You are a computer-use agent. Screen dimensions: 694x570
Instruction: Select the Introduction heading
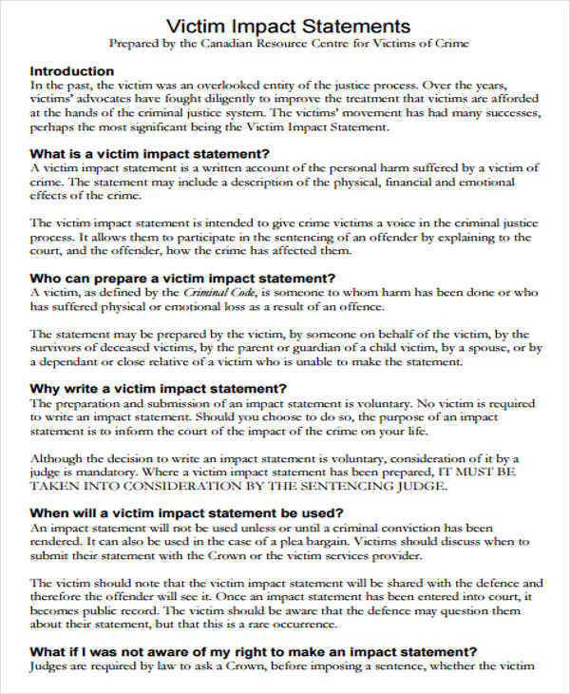pos(72,70)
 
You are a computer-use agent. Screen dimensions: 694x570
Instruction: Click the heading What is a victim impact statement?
pos(150,154)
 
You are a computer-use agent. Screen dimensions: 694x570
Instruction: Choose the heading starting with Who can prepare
pos(183,279)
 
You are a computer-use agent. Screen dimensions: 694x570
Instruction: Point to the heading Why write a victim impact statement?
pos(159,389)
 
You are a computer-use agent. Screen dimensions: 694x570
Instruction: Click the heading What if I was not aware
pos(254,652)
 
